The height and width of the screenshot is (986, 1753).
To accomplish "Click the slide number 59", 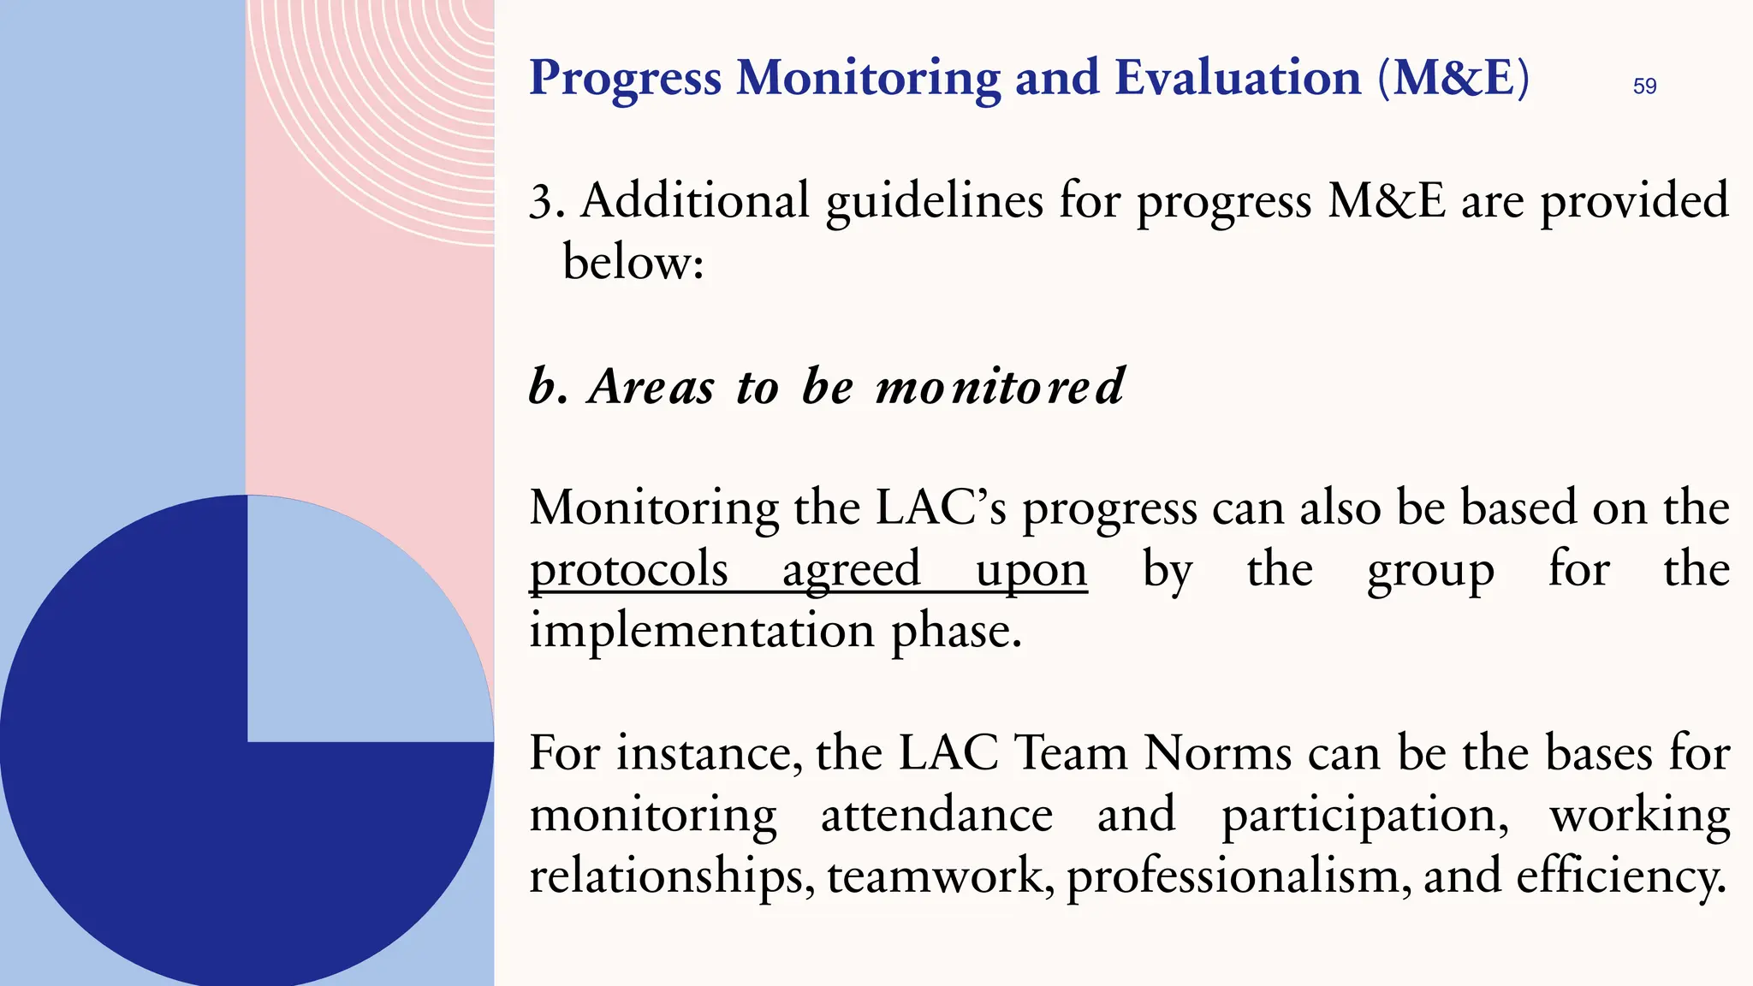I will (1644, 86).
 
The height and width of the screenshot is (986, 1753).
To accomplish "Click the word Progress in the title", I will (625, 79).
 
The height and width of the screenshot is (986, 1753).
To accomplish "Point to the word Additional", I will (694, 200).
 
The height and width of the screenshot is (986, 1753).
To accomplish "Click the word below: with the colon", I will (633, 261).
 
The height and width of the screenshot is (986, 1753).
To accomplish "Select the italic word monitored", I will (1000, 386).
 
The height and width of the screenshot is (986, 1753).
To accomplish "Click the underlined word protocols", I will (628, 570).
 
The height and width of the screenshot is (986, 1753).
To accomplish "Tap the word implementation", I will (701, 631).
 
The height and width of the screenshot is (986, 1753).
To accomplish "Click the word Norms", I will (1217, 753).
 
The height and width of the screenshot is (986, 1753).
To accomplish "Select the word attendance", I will (936, 814).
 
